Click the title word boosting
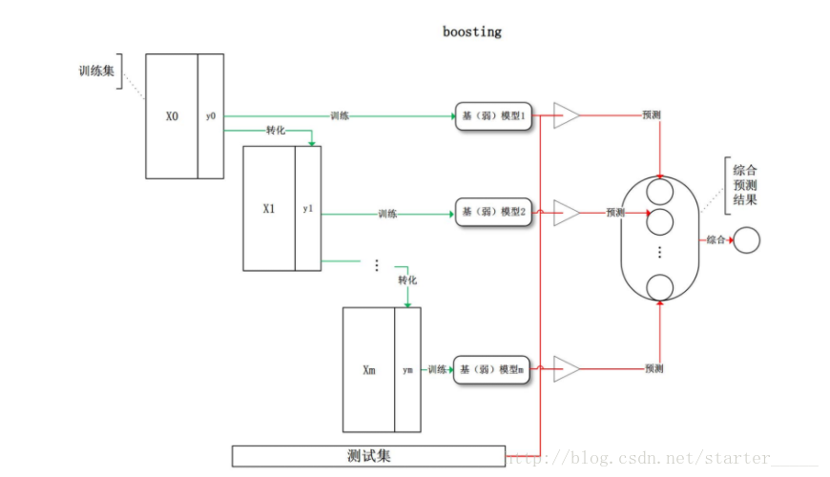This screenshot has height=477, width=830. pyautogui.click(x=471, y=31)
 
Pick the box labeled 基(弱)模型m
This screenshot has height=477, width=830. pyautogui.click(x=492, y=369)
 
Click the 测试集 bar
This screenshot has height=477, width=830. pyautogui.click(x=368, y=456)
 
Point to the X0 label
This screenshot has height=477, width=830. pyautogui.click(x=172, y=116)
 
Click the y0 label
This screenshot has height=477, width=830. pyautogui.click(x=211, y=116)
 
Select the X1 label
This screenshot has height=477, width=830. pyautogui.click(x=269, y=208)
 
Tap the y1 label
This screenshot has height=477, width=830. pyautogui.click(x=307, y=208)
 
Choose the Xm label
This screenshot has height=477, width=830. pyautogui.click(x=368, y=370)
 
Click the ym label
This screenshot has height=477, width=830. pyautogui.click(x=407, y=370)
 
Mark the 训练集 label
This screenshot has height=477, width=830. pyautogui.click(x=96, y=71)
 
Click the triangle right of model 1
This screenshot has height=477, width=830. pyautogui.click(x=565, y=116)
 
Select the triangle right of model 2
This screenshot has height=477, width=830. pyautogui.click(x=565, y=213)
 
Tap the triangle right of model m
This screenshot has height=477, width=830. pyautogui.click(x=565, y=368)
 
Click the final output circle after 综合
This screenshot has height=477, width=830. pyautogui.click(x=746, y=240)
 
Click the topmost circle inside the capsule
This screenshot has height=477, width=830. pyautogui.click(x=660, y=192)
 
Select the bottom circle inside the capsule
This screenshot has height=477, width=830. pyautogui.click(x=660, y=286)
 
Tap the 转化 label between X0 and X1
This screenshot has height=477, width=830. pyautogui.click(x=277, y=130)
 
